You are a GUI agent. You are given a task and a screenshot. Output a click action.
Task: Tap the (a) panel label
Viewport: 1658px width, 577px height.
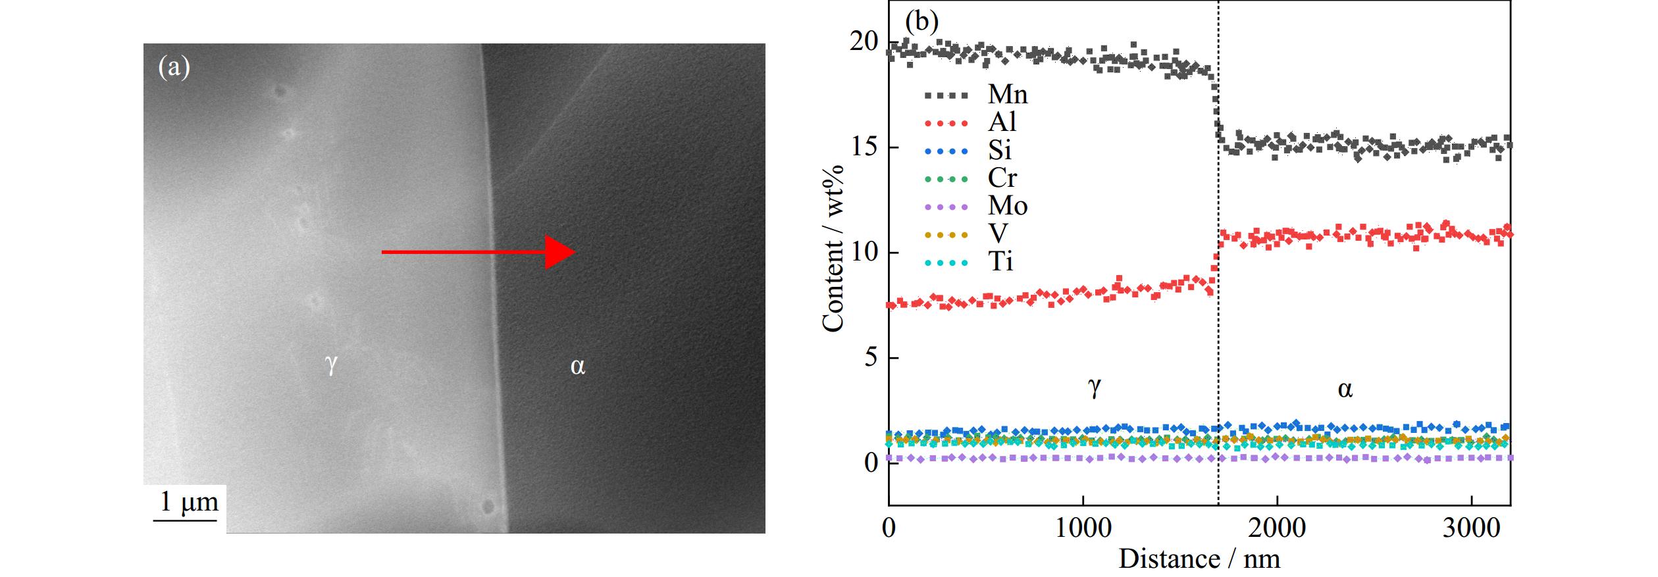(x=174, y=67)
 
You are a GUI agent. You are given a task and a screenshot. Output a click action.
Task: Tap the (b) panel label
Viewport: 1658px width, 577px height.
(x=921, y=21)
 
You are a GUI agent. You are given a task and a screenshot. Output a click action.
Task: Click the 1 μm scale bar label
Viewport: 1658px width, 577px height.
(x=190, y=503)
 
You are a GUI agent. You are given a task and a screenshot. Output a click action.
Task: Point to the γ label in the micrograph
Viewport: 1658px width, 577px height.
(x=332, y=363)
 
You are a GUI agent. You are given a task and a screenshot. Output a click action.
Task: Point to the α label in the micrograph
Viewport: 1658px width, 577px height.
(x=577, y=366)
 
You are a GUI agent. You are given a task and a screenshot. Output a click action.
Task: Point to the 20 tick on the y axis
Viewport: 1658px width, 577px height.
(x=864, y=42)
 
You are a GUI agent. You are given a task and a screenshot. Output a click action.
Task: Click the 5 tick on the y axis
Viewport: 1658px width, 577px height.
(x=871, y=358)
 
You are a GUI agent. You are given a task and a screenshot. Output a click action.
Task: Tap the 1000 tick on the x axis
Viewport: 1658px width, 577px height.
(x=1083, y=528)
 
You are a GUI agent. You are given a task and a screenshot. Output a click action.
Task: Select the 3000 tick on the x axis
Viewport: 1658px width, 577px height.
(x=1471, y=528)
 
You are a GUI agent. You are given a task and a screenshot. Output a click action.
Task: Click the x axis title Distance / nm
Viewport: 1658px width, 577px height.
(x=1199, y=559)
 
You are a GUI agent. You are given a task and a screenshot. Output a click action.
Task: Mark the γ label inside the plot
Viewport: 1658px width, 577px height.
(x=1093, y=388)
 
